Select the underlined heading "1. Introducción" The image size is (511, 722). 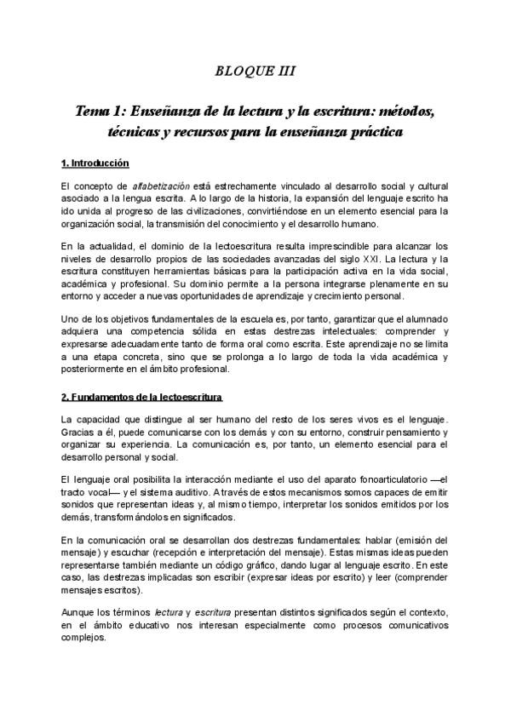(x=95, y=162)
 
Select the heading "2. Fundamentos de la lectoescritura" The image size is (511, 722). (x=141, y=398)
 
